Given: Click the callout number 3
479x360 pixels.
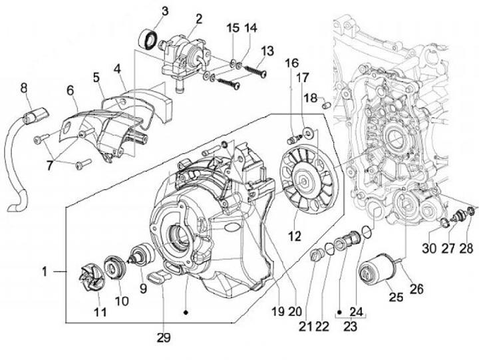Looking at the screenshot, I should [x=165, y=11].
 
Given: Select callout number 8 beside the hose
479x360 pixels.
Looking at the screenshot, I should [x=24, y=87].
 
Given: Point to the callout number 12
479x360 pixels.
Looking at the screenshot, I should [x=294, y=236].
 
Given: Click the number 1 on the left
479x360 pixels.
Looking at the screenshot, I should [x=44, y=271].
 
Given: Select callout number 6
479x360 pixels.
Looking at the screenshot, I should [x=70, y=90].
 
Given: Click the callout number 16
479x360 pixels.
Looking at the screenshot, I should [x=291, y=63].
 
